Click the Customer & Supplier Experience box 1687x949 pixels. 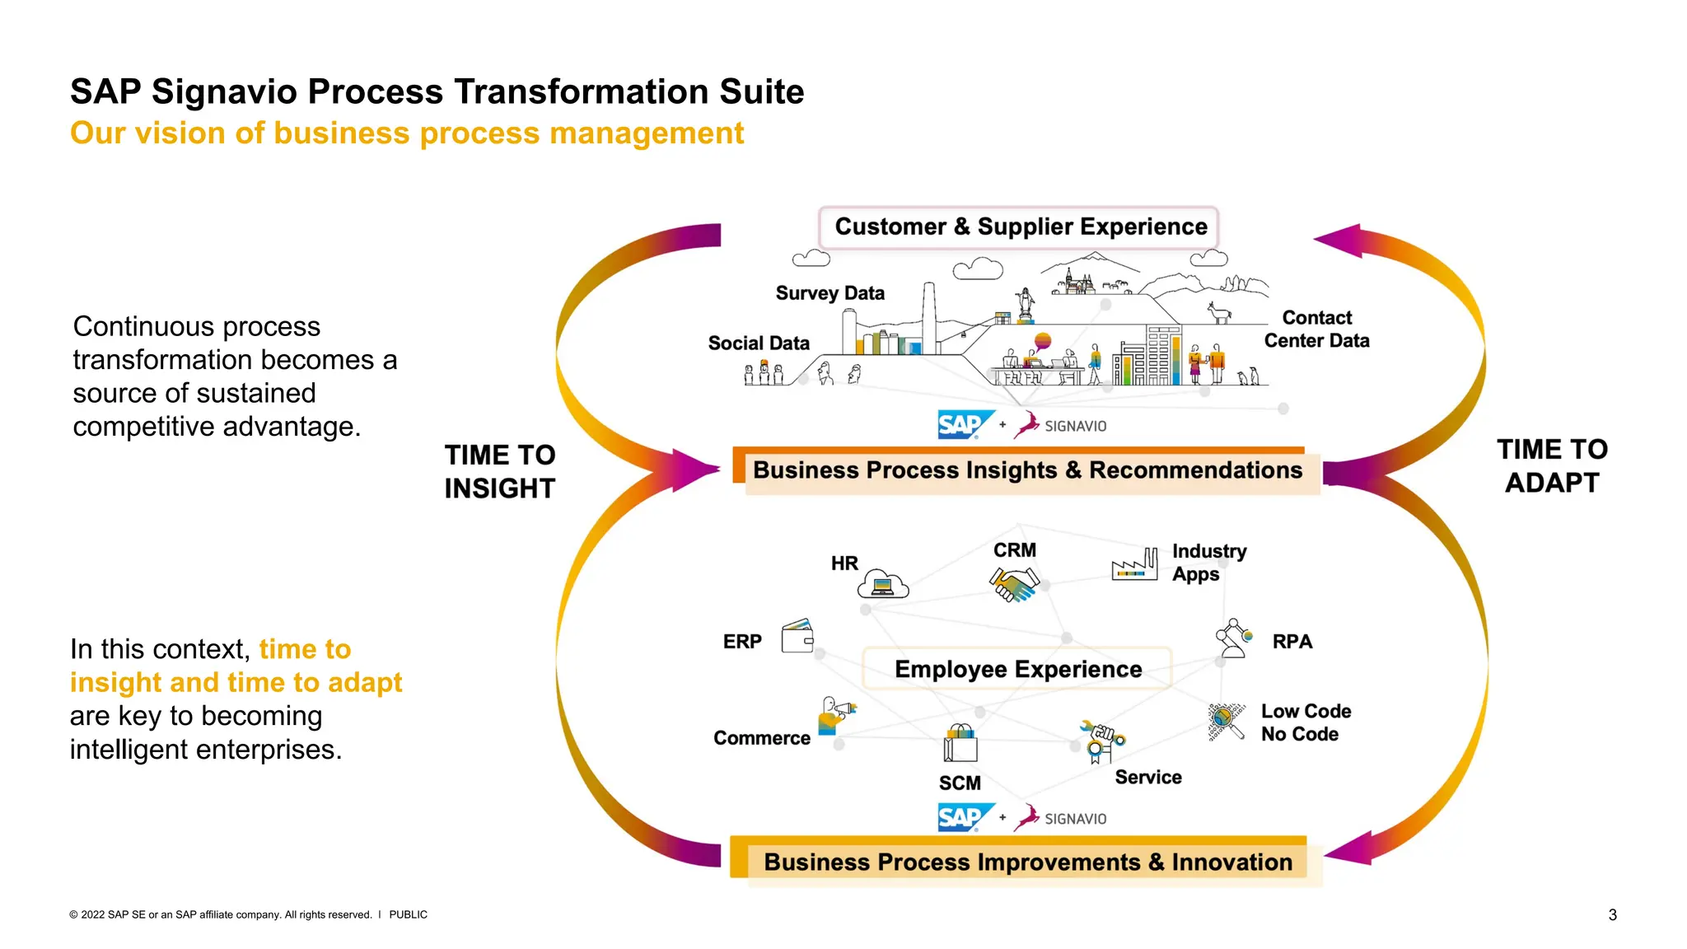(x=1020, y=227)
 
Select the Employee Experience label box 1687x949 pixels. (x=1017, y=669)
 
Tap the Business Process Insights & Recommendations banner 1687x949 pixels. (x=1026, y=471)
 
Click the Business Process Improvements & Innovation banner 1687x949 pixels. (x=1026, y=862)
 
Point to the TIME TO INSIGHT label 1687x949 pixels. (x=500, y=472)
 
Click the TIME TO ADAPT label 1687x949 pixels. (x=1552, y=466)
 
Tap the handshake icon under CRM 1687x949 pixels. (x=1013, y=584)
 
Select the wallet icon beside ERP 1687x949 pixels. (x=797, y=637)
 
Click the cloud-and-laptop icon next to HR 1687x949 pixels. (x=882, y=584)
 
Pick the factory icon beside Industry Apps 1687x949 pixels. (x=1134, y=565)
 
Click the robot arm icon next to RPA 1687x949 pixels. (x=1232, y=639)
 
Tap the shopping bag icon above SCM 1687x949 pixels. (x=960, y=743)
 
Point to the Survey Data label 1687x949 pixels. (x=829, y=293)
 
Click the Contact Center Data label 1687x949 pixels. (x=1316, y=330)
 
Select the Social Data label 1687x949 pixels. (x=759, y=344)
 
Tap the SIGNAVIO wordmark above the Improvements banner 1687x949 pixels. (x=1075, y=819)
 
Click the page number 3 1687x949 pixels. (x=1612, y=914)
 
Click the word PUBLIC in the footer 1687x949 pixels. (x=408, y=914)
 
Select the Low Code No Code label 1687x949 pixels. (x=1305, y=722)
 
